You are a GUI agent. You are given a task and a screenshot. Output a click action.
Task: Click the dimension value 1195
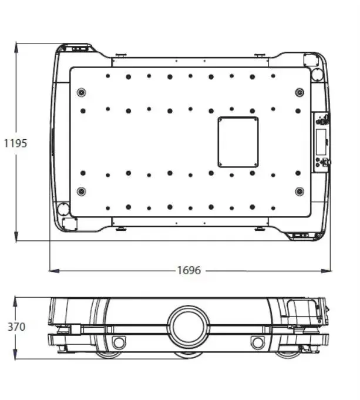pos(15,143)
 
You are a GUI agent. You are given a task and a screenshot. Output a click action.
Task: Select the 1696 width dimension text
pos(189,270)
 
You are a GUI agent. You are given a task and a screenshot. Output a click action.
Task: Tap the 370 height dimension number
pos(16,327)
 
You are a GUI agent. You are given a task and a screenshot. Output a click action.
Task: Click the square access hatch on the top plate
pos(238,142)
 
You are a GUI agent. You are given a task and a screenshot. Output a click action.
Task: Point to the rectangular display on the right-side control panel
pos(321,142)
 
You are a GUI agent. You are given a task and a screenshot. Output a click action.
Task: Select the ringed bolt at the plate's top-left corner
pos(82,92)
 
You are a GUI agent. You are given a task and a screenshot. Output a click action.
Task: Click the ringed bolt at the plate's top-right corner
pos(300,92)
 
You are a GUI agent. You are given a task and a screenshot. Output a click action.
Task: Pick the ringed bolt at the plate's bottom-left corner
pos(82,191)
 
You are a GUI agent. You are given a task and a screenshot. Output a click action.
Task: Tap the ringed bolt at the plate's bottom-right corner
pos(300,191)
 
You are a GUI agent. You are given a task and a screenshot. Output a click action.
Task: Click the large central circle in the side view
pos(189,327)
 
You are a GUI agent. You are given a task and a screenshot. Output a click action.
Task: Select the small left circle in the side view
pos(119,342)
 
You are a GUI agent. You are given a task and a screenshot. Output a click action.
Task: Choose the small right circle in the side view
pos(257,342)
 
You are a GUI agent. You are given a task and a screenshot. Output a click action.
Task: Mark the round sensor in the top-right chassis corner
pos(317,75)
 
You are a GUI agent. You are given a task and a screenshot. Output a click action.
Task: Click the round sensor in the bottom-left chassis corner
pos(63,209)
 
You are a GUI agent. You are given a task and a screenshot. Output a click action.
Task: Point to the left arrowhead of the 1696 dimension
pos(52,270)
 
